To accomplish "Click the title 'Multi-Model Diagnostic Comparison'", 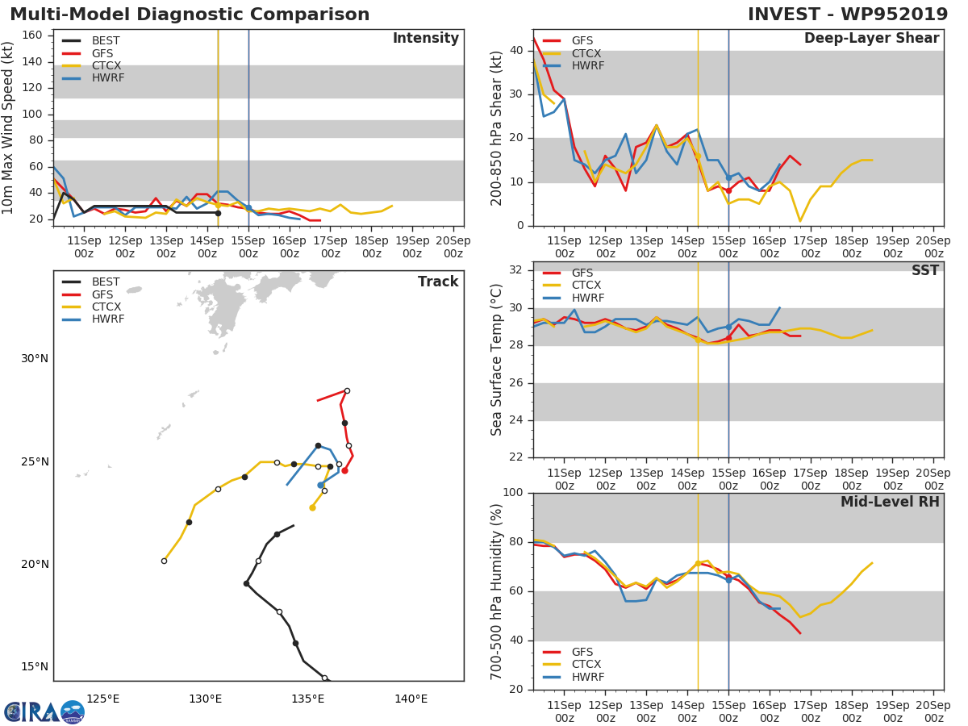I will pos(190,15).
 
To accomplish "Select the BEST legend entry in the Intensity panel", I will pos(106,40).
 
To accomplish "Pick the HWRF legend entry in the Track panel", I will pos(107,319).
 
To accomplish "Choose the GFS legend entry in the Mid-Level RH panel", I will pos(582,652).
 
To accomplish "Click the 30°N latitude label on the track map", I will pos(35,358).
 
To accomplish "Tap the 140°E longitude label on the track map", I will pos(411,699).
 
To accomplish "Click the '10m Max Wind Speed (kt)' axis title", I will pos(10,127).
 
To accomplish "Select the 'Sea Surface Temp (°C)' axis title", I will pos(497,360).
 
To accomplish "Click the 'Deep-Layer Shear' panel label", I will pos(871,39).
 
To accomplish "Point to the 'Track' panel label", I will pos(437,282).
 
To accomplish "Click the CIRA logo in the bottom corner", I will pos(44,711).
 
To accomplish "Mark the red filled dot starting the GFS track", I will pos(344,470).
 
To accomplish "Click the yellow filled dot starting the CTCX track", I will pos(312,507).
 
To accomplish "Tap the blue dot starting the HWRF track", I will pos(320,485).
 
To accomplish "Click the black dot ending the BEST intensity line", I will pos(218,213).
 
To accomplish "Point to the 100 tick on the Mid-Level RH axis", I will pos(513,493).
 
